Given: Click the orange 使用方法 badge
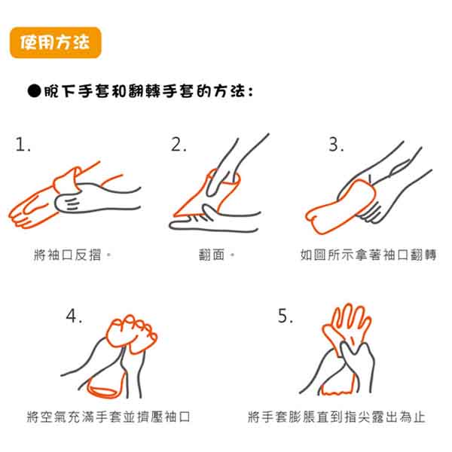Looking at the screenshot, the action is tap(55, 43).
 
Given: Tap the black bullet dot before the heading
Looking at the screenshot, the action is tap(35, 91).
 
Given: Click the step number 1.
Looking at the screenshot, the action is tap(23, 145).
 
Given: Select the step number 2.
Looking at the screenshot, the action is tap(179, 145).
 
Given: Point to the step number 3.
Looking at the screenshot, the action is tap(336, 145).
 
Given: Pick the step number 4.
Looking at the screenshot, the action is tap(74, 316).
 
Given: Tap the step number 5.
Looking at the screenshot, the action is tap(285, 316).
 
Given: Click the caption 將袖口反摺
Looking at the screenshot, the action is tap(68, 255).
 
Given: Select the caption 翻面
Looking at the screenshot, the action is tap(212, 255).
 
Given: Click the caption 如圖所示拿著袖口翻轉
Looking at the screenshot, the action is tap(368, 255).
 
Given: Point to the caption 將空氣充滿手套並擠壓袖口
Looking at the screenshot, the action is tap(108, 417).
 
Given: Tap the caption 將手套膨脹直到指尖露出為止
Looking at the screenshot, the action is tap(337, 417).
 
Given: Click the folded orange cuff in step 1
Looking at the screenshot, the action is tap(67, 180).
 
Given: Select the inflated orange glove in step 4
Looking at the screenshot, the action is tap(131, 334).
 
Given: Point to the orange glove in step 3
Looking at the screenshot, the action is tap(341, 208).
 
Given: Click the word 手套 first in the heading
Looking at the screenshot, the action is tap(94, 91).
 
